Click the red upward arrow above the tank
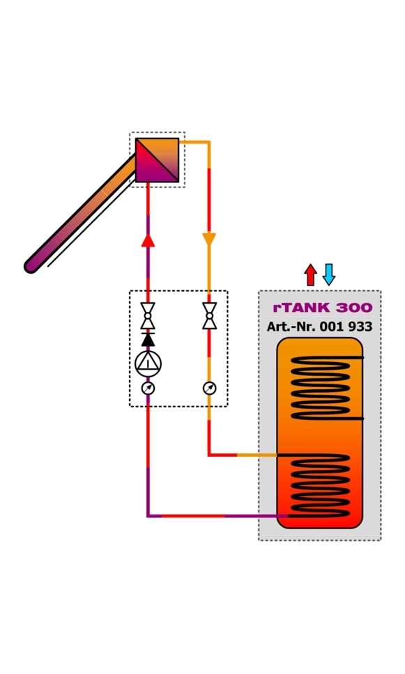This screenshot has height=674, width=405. [310, 274]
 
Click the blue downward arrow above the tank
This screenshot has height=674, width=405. [329, 274]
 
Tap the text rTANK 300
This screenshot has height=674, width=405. [323, 308]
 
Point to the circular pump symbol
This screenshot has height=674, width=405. [148, 363]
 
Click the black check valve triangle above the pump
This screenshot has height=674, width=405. [148, 339]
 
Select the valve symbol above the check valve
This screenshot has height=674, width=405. [148, 316]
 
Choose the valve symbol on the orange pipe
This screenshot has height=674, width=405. [210, 316]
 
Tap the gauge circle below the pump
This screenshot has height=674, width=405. [148, 389]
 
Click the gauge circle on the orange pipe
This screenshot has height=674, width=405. [210, 389]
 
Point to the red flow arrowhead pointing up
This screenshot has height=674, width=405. [148, 241]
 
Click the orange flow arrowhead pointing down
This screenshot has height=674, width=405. [209, 240]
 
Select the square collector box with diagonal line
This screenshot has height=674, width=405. [157, 160]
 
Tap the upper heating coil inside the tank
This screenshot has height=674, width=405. [321, 388]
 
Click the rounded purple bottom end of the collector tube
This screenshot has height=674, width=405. [31, 265]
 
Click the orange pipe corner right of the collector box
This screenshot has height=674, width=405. [208, 142]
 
